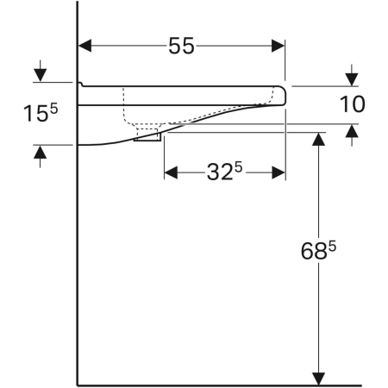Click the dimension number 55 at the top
tap(181, 47)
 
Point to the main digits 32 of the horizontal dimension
tap(217, 172)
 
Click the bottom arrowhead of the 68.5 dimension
tap(319, 378)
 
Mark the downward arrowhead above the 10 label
tap(350, 75)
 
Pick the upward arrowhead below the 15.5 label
tap(39, 153)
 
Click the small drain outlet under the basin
tap(147, 135)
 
